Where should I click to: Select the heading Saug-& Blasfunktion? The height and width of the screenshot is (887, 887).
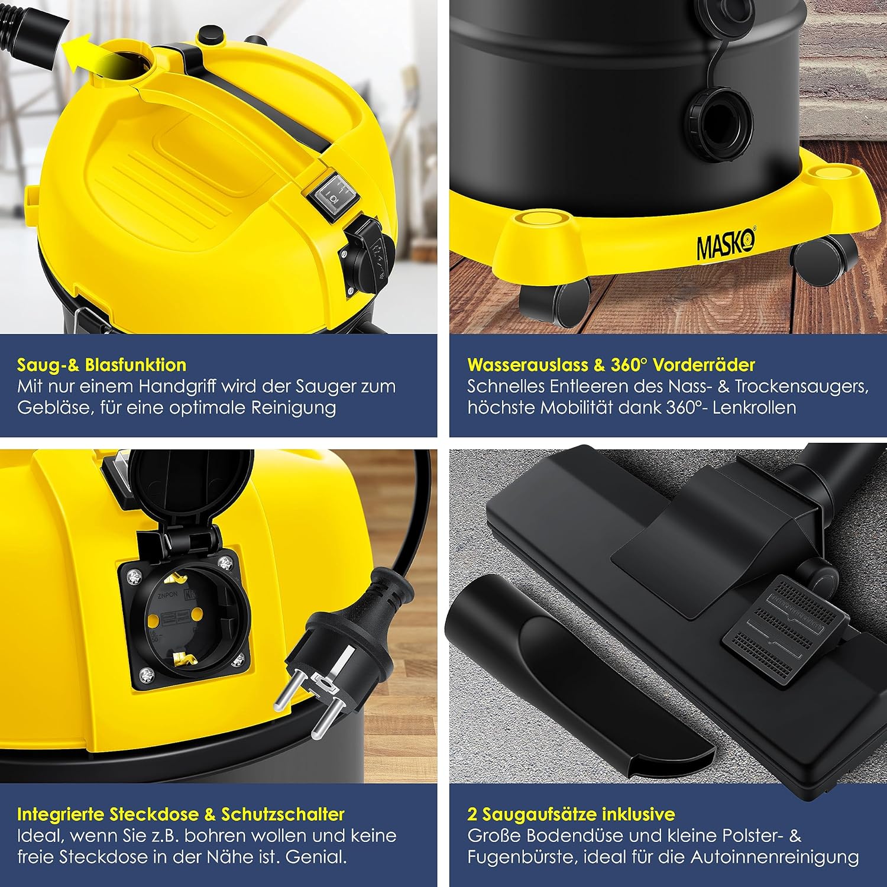[x=101, y=364]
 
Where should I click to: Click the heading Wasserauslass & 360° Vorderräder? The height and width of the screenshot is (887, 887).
[x=611, y=364]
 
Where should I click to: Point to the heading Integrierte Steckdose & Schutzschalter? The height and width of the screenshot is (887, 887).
[x=180, y=814]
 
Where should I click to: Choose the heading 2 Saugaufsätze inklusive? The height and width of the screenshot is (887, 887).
[x=571, y=814]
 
